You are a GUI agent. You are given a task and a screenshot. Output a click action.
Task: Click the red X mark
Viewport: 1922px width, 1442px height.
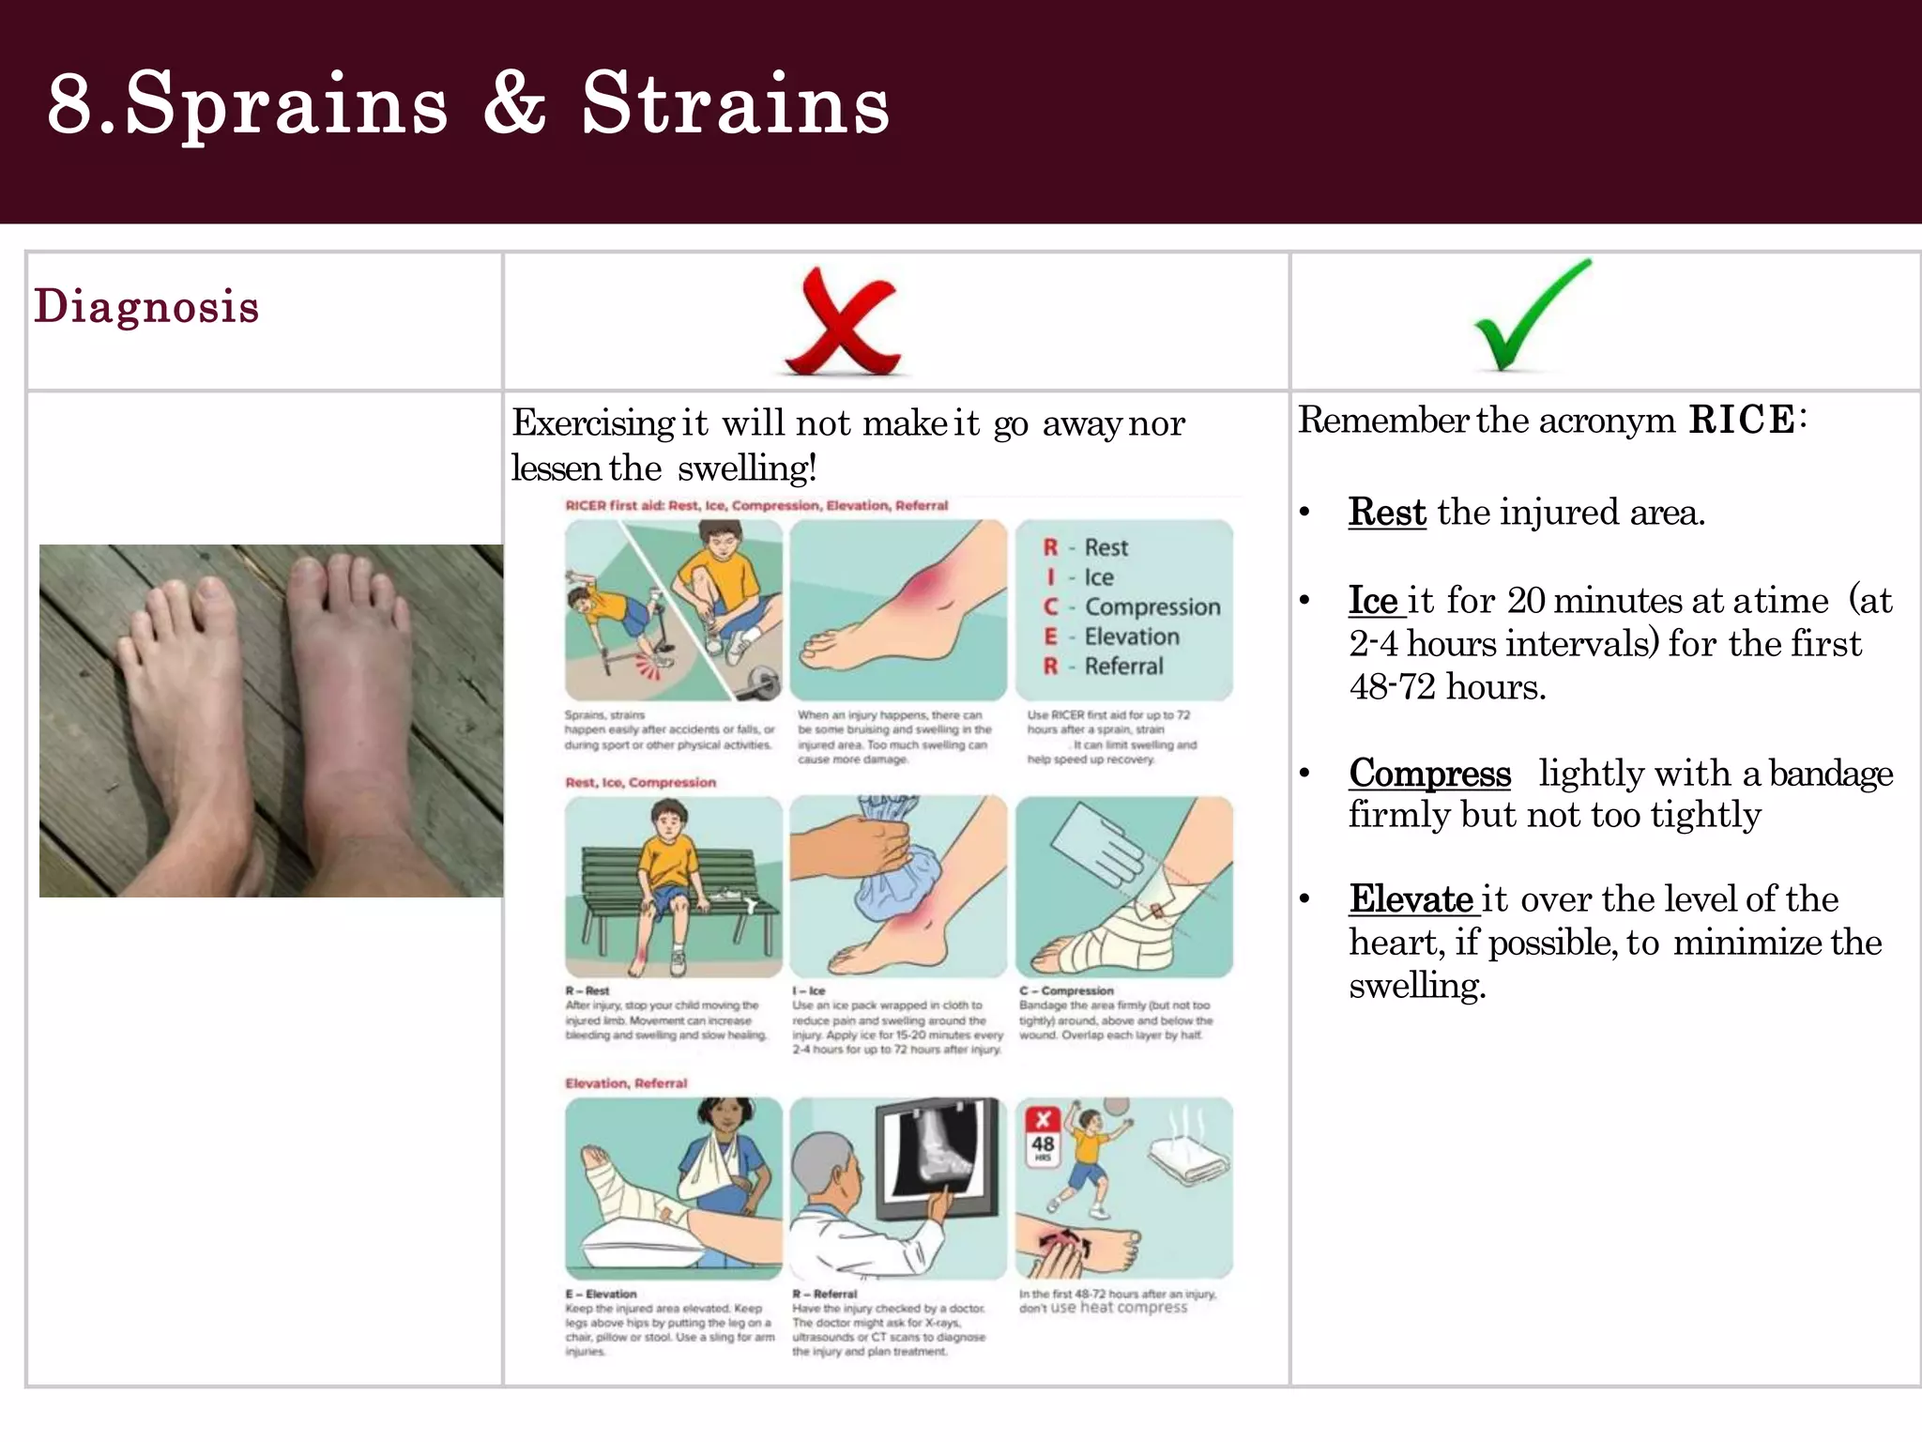pyautogui.click(x=843, y=322)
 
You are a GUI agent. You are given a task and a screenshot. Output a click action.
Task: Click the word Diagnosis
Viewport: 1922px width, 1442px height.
pyautogui.click(x=146, y=306)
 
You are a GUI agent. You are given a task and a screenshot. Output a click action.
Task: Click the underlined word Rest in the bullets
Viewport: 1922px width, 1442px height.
pyautogui.click(x=1386, y=513)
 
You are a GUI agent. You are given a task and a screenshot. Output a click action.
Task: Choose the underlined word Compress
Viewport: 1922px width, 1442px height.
pyautogui.click(x=1429, y=773)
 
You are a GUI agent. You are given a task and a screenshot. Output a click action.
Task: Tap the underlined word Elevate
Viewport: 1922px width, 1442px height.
pyautogui.click(x=1411, y=899)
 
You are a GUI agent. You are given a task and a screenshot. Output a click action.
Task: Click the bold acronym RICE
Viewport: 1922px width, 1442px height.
pyautogui.click(x=1741, y=420)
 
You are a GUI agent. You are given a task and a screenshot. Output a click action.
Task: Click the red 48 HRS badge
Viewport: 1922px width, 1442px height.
pyautogui.click(x=1043, y=1135)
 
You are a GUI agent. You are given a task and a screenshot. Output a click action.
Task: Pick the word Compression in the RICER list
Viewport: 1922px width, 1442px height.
pyautogui.click(x=1152, y=607)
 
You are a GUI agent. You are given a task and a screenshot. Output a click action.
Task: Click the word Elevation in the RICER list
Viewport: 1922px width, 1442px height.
pyautogui.click(x=1131, y=637)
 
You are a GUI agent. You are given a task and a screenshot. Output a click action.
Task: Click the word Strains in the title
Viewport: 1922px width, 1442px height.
pyautogui.click(x=735, y=103)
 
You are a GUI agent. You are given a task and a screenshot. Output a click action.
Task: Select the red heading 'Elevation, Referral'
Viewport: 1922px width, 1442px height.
pyautogui.click(x=626, y=1083)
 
